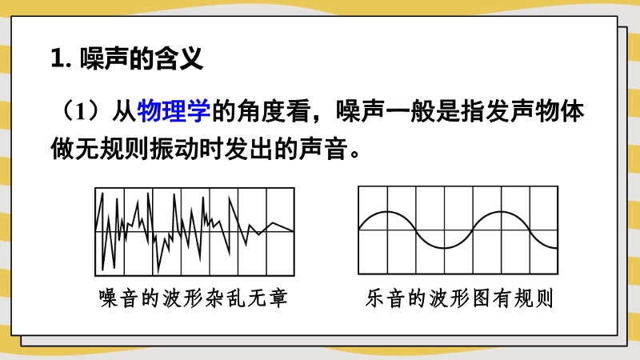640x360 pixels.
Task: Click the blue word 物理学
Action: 174,111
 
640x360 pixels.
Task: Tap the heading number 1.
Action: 58,58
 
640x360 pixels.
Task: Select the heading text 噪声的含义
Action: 142,58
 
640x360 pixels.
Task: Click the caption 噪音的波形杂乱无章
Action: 194,298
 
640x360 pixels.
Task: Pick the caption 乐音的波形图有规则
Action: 459,298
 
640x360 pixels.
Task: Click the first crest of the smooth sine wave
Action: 387,212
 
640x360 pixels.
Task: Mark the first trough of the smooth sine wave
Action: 444,248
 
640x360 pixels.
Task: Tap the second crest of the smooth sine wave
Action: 502,212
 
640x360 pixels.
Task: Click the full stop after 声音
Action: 354,154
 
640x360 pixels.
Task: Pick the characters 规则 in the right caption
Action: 533,298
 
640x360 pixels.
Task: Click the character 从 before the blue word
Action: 124,111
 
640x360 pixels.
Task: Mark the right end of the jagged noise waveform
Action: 294,231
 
